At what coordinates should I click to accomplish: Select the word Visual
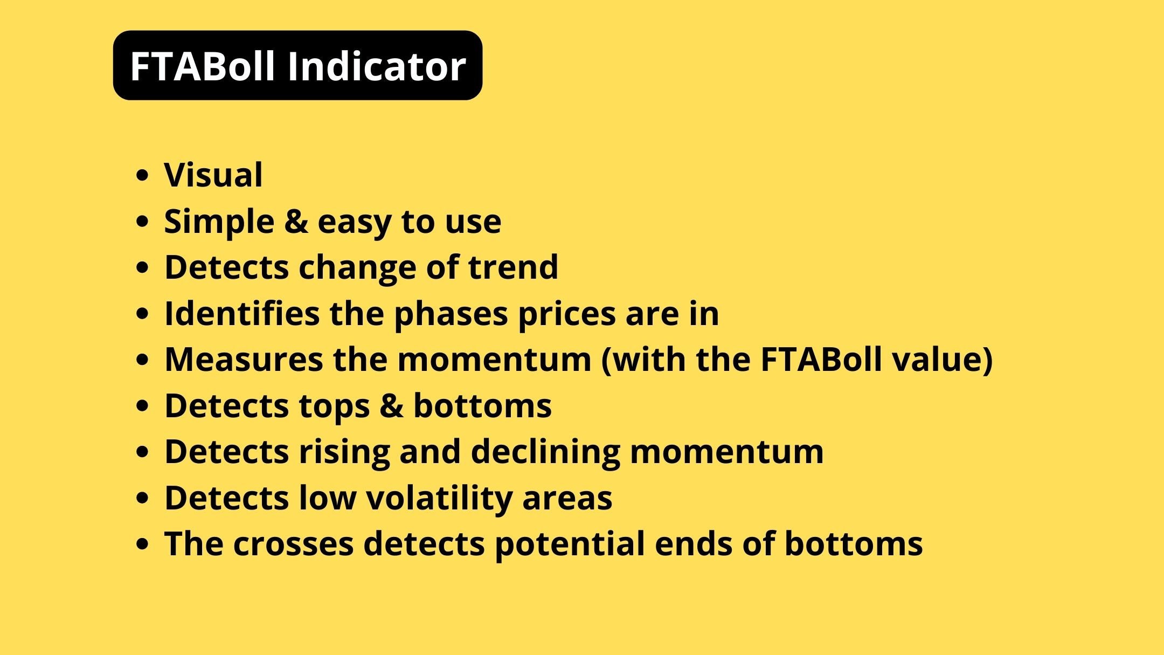click(x=213, y=175)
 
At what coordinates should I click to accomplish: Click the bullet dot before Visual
click(x=142, y=176)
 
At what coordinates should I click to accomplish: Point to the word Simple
click(x=219, y=222)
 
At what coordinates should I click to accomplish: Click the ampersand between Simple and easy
click(x=296, y=222)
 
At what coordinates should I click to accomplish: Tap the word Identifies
click(x=242, y=313)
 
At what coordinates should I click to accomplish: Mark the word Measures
click(x=244, y=359)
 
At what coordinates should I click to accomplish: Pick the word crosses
click(x=293, y=544)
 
